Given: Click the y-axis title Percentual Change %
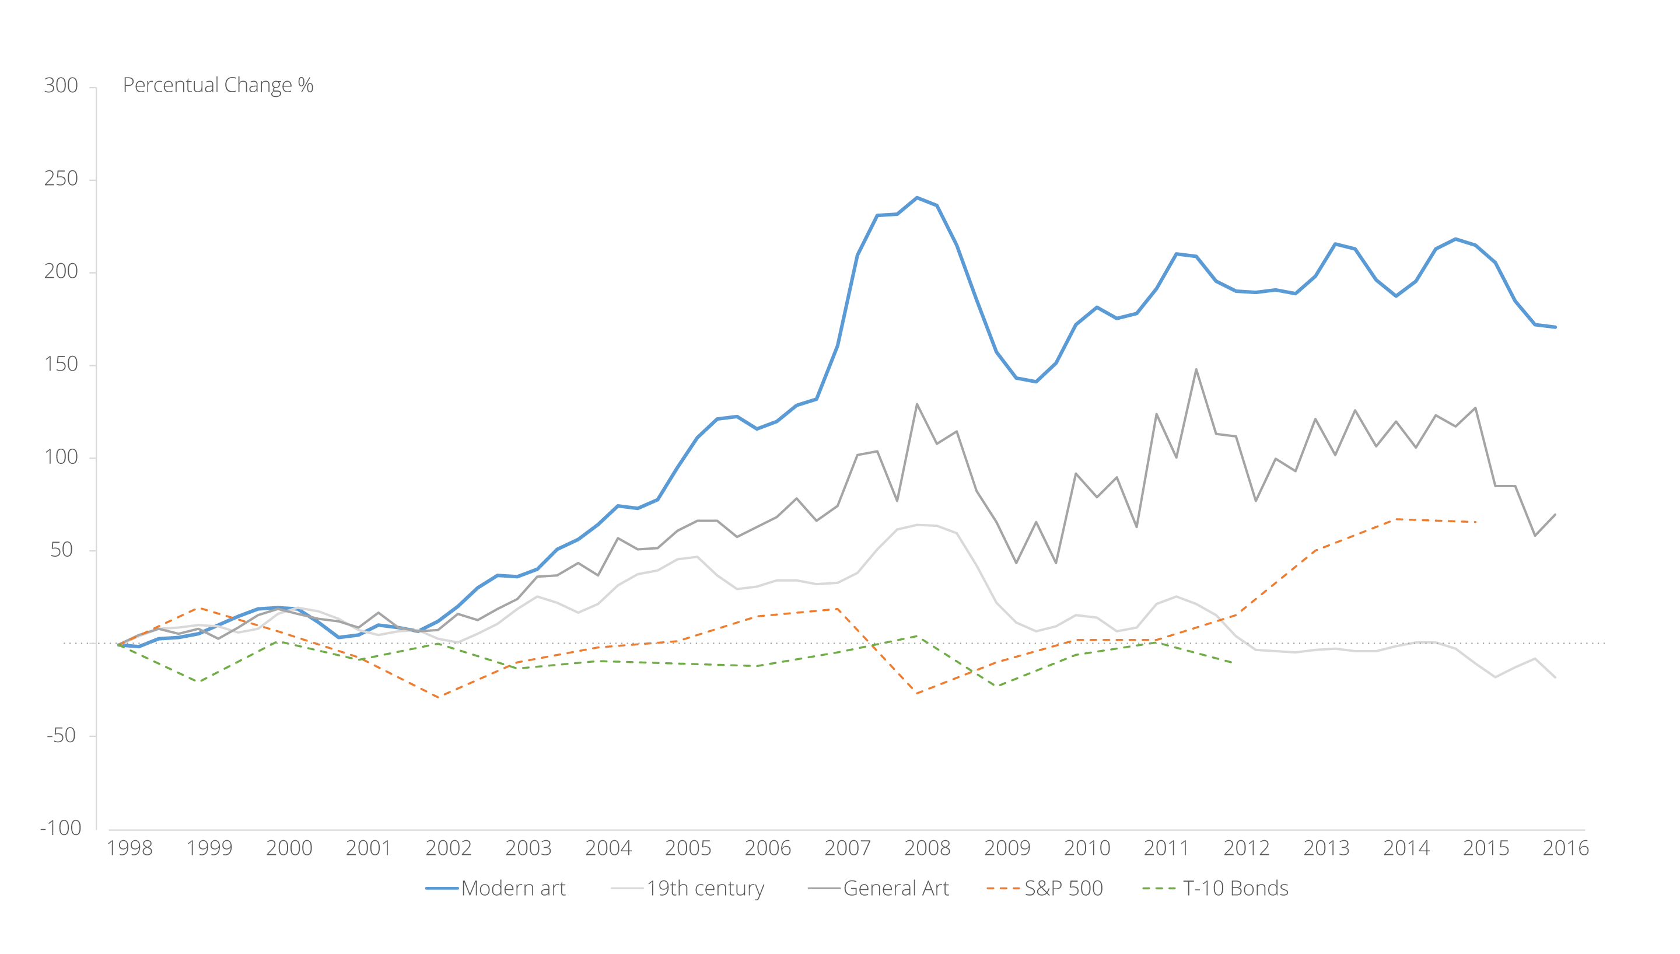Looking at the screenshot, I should (x=218, y=85).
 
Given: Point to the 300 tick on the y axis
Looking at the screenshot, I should (x=61, y=86).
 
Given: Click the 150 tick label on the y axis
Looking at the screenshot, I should (x=61, y=364).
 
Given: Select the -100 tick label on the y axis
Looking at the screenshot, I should (x=60, y=828).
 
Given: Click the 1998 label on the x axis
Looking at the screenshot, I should (x=129, y=848).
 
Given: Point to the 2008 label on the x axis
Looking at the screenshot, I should (x=927, y=848).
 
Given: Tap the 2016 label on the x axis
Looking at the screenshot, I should (x=1566, y=848).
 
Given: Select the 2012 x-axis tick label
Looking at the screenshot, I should (x=1247, y=848).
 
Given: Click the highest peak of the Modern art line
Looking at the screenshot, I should (x=917, y=197).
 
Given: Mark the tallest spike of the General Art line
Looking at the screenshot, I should (x=1196, y=369).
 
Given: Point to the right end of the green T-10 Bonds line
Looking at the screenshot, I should (x=1233, y=662).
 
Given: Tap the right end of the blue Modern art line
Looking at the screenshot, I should (x=1555, y=327).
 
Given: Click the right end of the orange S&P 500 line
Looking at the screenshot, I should (x=1476, y=522).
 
